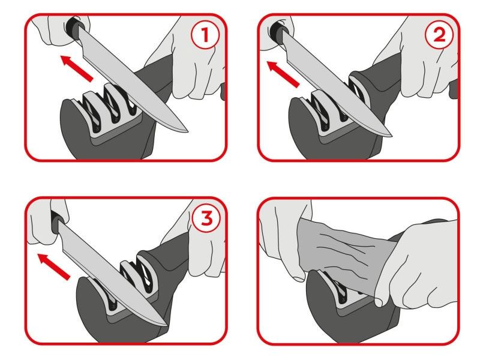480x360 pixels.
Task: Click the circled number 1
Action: (x=205, y=35)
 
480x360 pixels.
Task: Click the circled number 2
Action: (x=439, y=35)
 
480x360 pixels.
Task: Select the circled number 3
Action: (x=206, y=218)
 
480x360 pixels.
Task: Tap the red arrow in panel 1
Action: (x=77, y=68)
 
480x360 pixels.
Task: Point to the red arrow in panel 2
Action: (x=283, y=74)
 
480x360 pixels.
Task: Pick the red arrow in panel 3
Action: (x=53, y=266)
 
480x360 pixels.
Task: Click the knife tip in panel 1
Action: (x=187, y=131)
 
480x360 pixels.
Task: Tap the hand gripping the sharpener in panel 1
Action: (x=196, y=58)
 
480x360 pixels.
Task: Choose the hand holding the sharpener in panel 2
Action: (x=425, y=58)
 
